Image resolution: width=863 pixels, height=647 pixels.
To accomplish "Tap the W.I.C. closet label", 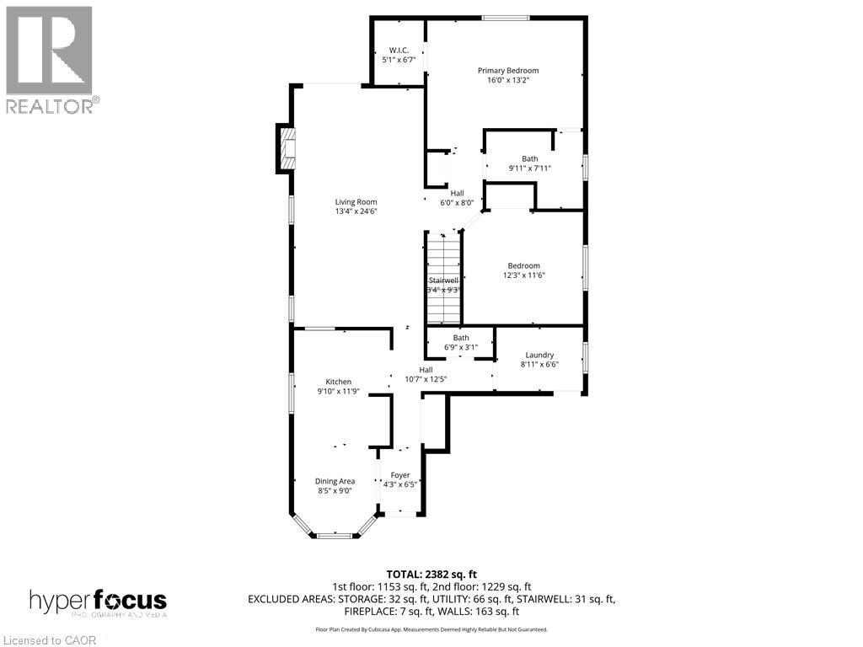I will coord(399,50).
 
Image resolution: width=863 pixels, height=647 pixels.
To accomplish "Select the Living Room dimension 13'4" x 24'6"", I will coord(356,212).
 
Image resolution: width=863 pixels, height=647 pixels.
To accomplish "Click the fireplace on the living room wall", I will coord(287,148).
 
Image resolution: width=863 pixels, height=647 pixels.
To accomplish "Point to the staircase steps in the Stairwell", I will coord(443,278).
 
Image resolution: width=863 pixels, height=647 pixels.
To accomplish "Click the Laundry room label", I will coord(539,355).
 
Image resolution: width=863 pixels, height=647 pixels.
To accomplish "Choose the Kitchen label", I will coord(339,382).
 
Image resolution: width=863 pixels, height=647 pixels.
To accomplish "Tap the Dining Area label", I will coord(335,481).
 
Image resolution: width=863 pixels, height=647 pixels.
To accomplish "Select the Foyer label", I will coord(399,475).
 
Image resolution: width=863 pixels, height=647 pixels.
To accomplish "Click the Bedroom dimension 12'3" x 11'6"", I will coord(523,275).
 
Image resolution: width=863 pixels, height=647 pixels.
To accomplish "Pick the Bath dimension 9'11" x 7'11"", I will coord(529,168).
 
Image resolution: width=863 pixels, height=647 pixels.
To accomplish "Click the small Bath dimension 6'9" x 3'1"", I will coord(460,347).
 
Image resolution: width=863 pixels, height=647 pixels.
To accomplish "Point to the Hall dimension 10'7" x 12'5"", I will coord(426,379).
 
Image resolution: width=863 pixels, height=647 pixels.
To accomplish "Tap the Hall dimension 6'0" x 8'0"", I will coord(457,202).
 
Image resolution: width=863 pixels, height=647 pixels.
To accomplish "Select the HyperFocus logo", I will coord(98,602).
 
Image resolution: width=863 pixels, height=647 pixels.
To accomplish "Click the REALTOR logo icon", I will coord(48,50).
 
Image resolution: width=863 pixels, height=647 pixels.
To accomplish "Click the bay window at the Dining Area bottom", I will coord(334,534).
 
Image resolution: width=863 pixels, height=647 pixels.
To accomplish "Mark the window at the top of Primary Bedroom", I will coord(500,18).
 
